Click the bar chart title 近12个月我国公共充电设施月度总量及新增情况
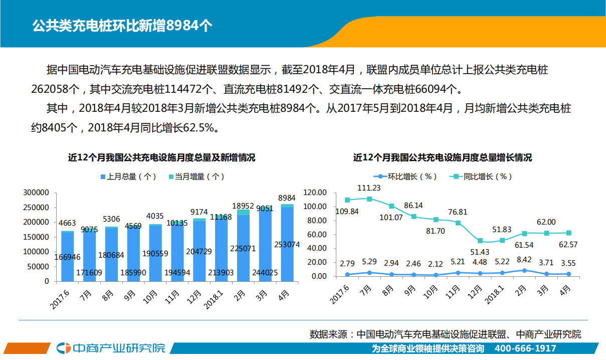(x=161, y=157)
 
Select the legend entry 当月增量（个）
(x=196, y=176)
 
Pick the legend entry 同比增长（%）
(x=482, y=176)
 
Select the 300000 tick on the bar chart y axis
(x=36, y=193)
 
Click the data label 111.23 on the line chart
(x=369, y=188)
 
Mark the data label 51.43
(x=480, y=252)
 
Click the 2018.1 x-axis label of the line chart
(x=496, y=295)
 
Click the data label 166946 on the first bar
(x=67, y=257)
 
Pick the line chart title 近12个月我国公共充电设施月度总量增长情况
(x=442, y=157)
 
